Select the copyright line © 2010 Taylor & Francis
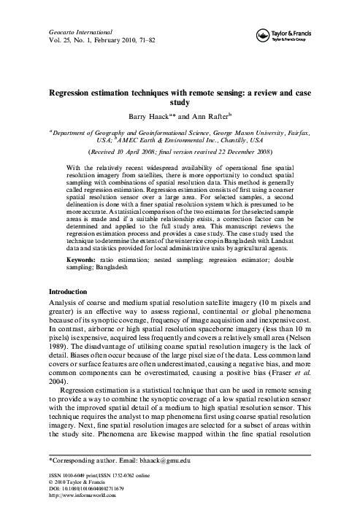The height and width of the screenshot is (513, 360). pyautogui.click(x=63, y=482)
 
